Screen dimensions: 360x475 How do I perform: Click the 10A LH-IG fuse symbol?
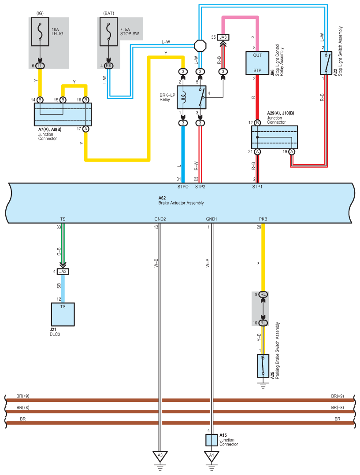pyautogui.click(x=40, y=32)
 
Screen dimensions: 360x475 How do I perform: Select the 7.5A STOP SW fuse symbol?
pyautogui.click(x=108, y=32)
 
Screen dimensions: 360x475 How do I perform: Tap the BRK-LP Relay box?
pyautogui.click(x=192, y=97)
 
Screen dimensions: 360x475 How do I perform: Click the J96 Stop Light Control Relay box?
pyautogui.click(x=257, y=63)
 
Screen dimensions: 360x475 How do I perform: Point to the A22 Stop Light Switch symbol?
pyautogui.click(x=326, y=63)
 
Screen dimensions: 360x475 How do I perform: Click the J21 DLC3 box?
pyautogui.click(x=63, y=314)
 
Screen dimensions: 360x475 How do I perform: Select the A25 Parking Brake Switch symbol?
pyautogui.click(x=263, y=366)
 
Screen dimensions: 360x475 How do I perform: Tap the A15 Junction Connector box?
pyautogui.click(x=212, y=440)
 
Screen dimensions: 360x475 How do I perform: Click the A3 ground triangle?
pyautogui.click(x=160, y=457)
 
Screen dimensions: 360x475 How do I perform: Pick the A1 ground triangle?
pyautogui.click(x=212, y=457)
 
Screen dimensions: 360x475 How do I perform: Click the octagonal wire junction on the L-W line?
pyautogui.click(x=200, y=46)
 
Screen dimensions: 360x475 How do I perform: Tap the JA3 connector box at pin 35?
pyautogui.click(x=223, y=37)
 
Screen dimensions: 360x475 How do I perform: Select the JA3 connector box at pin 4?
pyautogui.click(x=63, y=272)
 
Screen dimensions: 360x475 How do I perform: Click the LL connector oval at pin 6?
pyautogui.click(x=40, y=66)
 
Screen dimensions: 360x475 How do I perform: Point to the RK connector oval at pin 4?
pyautogui.click(x=108, y=66)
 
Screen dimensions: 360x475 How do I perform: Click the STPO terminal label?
pyautogui.click(x=183, y=187)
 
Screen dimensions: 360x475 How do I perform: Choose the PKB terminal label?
pyautogui.click(x=263, y=219)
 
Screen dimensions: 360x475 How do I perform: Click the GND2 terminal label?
pyautogui.click(x=160, y=219)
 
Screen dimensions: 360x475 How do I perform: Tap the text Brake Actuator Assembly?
pyautogui.click(x=181, y=203)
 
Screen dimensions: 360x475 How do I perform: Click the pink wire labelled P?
pyautogui.click(x=240, y=18)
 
